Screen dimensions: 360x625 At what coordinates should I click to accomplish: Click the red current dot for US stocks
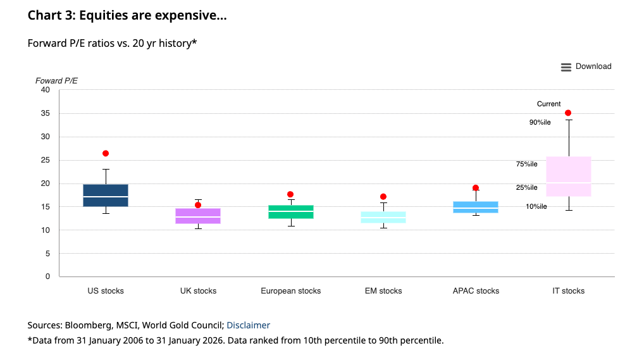pyautogui.click(x=106, y=154)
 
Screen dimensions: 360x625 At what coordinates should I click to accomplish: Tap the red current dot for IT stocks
pyautogui.click(x=568, y=113)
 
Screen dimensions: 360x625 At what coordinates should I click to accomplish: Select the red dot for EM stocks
pyautogui.click(x=383, y=197)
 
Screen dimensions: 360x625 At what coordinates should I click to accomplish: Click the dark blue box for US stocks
pyautogui.click(x=106, y=195)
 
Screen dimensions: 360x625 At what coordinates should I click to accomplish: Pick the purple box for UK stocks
pyautogui.click(x=198, y=216)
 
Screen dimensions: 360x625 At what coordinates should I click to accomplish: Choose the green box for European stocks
pyautogui.click(x=290, y=212)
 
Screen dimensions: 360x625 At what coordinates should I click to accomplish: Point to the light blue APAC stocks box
pyautogui.click(x=476, y=207)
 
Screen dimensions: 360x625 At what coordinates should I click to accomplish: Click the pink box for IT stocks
pyautogui.click(x=569, y=176)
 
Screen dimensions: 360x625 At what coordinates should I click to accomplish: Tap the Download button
pyautogui.click(x=586, y=66)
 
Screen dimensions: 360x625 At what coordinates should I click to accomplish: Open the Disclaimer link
pyautogui.click(x=248, y=325)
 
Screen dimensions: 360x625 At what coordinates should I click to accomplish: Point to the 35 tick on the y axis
pyautogui.click(x=45, y=114)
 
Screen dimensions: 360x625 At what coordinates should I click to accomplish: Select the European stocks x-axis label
pyautogui.click(x=290, y=291)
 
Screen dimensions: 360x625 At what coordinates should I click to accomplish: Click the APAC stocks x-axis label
pyautogui.click(x=476, y=291)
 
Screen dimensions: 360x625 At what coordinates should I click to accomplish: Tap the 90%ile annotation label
pyautogui.click(x=540, y=122)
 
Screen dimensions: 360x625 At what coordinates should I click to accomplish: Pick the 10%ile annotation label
pyautogui.click(x=536, y=206)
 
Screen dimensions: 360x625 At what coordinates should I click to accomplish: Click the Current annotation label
pyautogui.click(x=548, y=104)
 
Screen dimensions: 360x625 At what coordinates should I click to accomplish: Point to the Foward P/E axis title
pyautogui.click(x=56, y=81)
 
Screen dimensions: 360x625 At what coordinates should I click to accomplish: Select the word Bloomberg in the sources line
pyautogui.click(x=90, y=325)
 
